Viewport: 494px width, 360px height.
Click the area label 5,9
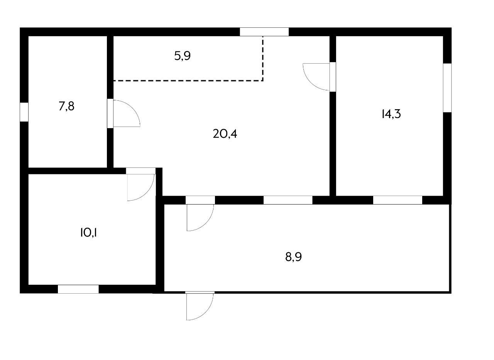[183, 56]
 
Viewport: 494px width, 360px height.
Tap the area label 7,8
[66, 106]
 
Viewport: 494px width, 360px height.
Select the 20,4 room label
[225, 134]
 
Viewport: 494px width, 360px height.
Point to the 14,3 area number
[391, 114]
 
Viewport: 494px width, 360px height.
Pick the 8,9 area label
[293, 257]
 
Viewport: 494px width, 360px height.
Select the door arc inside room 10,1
[140, 187]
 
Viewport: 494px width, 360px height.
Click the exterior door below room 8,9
[200, 306]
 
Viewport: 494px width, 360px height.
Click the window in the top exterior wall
[264, 32]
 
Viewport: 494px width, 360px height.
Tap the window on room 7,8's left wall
[24, 112]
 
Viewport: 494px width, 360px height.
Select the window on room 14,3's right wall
[447, 88]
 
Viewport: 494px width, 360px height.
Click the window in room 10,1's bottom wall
[78, 289]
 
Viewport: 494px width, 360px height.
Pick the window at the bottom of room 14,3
[398, 200]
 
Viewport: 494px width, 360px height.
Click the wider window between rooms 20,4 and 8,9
[288, 200]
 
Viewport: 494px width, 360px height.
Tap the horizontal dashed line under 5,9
[188, 81]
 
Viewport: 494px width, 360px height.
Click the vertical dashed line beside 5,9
[263, 58]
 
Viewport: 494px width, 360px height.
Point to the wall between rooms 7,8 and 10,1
[68, 171]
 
